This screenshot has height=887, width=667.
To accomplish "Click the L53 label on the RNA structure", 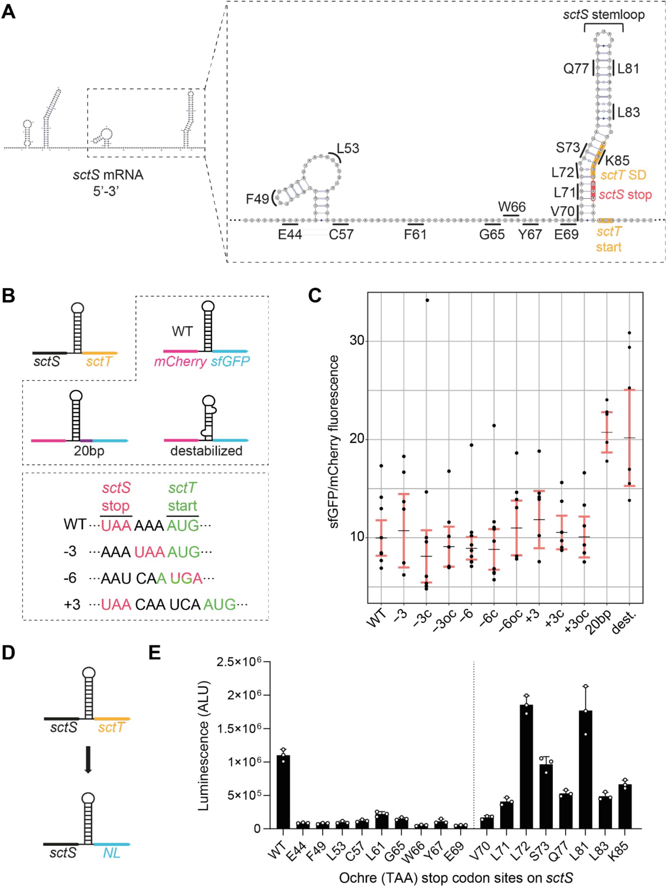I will [347, 148].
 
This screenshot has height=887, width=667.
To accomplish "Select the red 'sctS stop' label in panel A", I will [625, 195].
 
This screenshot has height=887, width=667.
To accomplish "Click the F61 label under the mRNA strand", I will [415, 234].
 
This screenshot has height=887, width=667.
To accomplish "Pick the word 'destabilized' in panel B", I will [206, 451].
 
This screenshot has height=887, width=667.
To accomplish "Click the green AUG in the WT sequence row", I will [183, 525].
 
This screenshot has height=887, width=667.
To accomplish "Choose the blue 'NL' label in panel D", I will [111, 853].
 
